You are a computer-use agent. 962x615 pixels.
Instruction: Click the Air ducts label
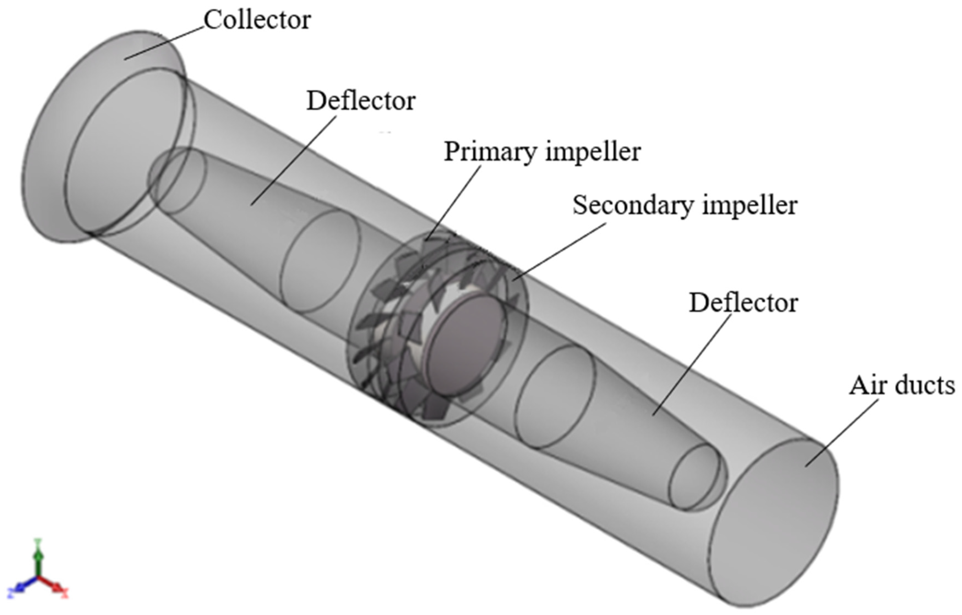pyautogui.click(x=902, y=386)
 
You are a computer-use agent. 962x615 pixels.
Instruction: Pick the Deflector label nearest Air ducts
pyautogui.click(x=743, y=303)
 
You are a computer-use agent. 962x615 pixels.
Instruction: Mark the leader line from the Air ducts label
pyautogui.click(x=841, y=433)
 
